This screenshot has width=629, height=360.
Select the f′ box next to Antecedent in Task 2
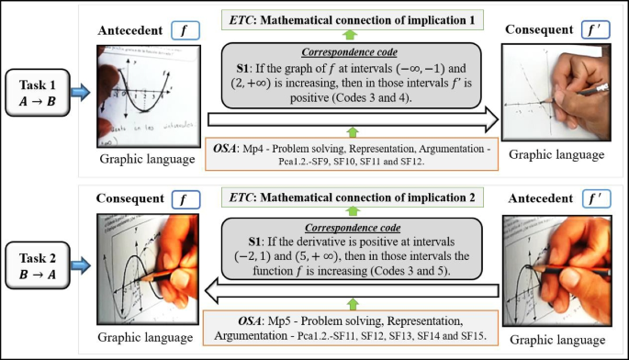tap(594, 197)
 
